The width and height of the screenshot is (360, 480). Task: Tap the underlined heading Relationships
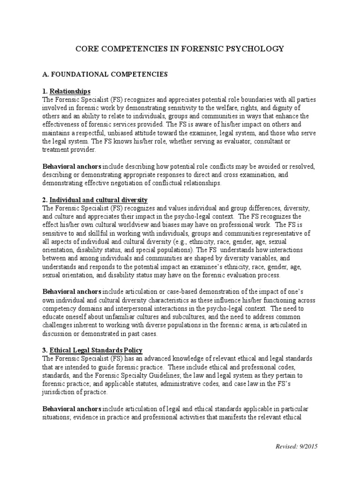pos(70,91)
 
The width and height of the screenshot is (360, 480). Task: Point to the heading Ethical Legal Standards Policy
pos(96,350)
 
